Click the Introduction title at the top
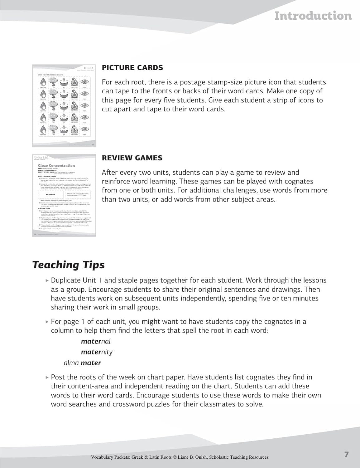coord(313,16)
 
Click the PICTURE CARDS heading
coord(132,68)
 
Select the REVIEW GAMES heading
coord(132,158)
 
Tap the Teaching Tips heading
coord(69,265)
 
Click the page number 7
coord(347,455)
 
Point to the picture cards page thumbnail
coord(64,105)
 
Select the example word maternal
coord(96,341)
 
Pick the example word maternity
coord(97,352)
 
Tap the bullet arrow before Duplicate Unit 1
coord(47,280)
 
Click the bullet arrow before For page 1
coord(47,322)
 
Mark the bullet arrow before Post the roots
coord(47,378)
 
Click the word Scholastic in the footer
coord(221,457)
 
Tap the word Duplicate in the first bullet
coord(66,280)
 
